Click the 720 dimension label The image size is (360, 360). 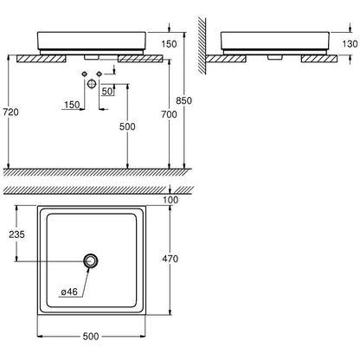(10, 112)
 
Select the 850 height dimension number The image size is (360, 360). (183, 100)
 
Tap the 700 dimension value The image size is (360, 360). (169, 114)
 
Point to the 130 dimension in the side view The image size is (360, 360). (350, 44)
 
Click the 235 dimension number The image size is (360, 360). (16, 235)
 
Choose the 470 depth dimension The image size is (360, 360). (170, 259)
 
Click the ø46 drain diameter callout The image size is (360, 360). (69, 292)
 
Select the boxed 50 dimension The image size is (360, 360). (107, 91)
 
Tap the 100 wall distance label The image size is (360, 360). (170, 200)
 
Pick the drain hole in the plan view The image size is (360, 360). (91, 261)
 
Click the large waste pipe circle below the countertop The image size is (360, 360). (92, 84)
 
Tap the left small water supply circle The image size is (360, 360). (85, 74)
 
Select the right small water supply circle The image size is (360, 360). (100, 74)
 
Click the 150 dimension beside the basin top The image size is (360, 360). (169, 44)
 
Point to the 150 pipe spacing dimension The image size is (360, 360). (72, 105)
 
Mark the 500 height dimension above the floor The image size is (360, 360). (127, 126)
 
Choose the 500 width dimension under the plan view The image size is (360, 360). (91, 337)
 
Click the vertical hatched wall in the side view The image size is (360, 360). (202, 46)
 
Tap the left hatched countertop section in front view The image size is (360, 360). (42, 59)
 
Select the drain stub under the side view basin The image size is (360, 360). (275, 57)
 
